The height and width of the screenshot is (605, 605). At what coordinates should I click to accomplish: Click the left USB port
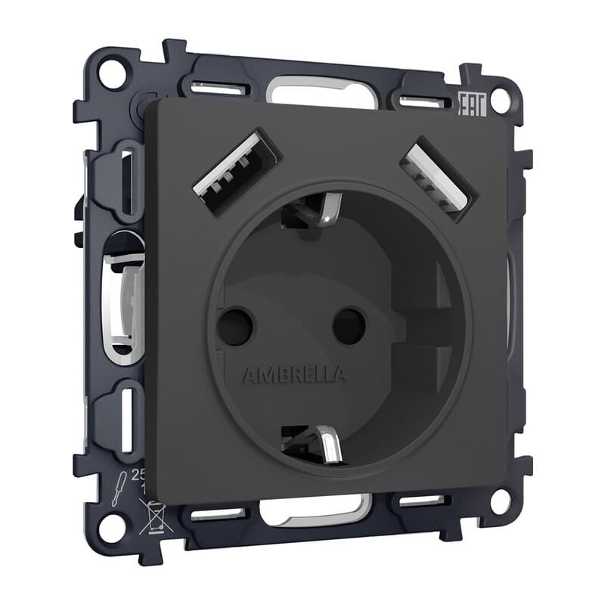(237, 172)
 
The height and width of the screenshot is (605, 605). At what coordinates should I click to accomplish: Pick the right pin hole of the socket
(349, 325)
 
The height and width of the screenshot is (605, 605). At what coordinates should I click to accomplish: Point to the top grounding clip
(312, 212)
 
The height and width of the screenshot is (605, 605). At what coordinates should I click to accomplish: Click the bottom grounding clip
(311, 443)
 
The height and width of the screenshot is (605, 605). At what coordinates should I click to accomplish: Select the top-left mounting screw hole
(110, 74)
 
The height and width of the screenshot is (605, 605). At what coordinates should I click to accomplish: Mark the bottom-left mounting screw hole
(111, 526)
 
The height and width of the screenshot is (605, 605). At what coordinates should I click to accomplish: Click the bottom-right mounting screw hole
(500, 501)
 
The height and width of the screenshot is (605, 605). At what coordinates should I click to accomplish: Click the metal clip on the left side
(125, 302)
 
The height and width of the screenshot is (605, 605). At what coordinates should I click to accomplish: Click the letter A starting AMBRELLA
(247, 375)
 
